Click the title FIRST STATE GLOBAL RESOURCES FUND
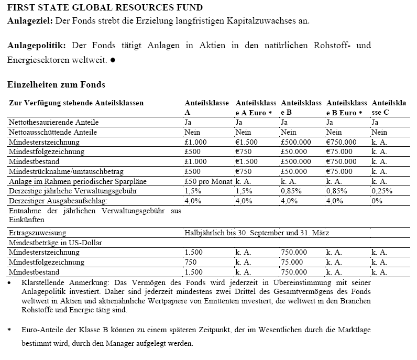(105, 8)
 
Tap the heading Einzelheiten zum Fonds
(56, 85)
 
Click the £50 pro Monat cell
(207, 181)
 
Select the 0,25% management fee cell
(382, 191)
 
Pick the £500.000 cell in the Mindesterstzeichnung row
(296, 142)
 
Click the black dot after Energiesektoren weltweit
(113, 60)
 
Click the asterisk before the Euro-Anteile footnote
(9, 331)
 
